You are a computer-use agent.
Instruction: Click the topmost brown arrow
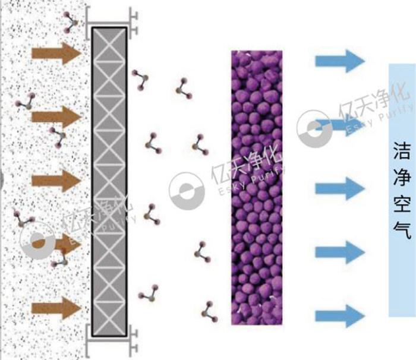pos(57,52)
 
